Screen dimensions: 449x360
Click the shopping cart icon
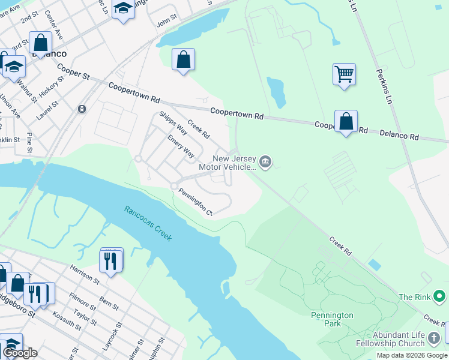pyautogui.click(x=344, y=74)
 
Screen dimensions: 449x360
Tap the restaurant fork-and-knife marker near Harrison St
pyautogui.click(x=111, y=260)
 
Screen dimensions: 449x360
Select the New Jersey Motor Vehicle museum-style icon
pyautogui.click(x=265, y=162)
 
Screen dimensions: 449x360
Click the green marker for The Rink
pyautogui.click(x=439, y=296)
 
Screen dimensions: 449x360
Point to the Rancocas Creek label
pyautogui.click(x=148, y=224)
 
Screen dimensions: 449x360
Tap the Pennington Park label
pyautogui.click(x=332, y=319)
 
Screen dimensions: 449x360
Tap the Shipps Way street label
pyautogui.click(x=173, y=122)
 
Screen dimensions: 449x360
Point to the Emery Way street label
pyautogui.click(x=181, y=145)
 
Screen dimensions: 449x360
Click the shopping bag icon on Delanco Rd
pyautogui.click(x=346, y=121)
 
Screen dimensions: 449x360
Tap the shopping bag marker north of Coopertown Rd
pyautogui.click(x=183, y=59)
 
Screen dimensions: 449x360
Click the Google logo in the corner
pyautogui.click(x=20, y=353)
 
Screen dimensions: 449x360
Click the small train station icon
pyautogui.click(x=81, y=109)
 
